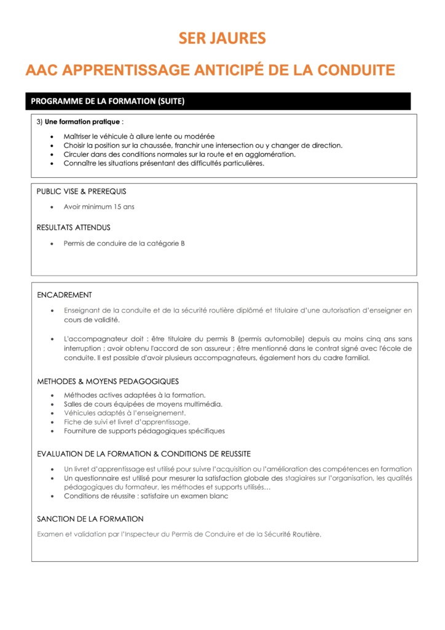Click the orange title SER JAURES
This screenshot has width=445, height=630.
click(222, 39)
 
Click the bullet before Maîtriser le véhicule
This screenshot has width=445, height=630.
click(50, 137)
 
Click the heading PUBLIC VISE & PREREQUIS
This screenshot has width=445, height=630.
click(81, 191)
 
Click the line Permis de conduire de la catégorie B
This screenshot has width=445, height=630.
click(124, 243)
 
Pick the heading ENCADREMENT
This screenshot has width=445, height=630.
click(65, 295)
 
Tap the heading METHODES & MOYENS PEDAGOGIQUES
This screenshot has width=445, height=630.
click(108, 381)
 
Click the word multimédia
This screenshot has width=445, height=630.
click(200, 404)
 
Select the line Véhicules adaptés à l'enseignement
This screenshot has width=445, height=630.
click(125, 413)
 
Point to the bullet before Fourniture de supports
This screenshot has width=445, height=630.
click(50, 431)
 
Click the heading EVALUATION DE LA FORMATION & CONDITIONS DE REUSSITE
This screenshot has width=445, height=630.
click(144, 454)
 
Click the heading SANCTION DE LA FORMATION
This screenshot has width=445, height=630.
click(90, 519)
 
